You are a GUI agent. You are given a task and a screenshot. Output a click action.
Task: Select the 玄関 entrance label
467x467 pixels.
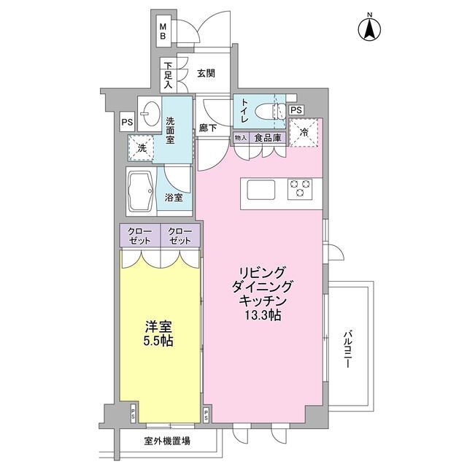tap(206, 73)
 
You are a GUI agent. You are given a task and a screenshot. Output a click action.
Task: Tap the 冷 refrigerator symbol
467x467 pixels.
tap(303, 132)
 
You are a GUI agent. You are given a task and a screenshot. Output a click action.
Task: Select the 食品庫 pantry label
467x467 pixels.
tap(268, 137)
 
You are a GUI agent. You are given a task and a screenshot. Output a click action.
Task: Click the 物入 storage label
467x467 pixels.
tap(241, 137)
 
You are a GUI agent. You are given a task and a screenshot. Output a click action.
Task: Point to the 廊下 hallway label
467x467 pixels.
tap(208, 128)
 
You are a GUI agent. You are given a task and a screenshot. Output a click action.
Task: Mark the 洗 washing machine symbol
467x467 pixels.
tap(142, 147)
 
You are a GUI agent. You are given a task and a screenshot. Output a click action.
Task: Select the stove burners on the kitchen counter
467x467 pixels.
tap(301, 189)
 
